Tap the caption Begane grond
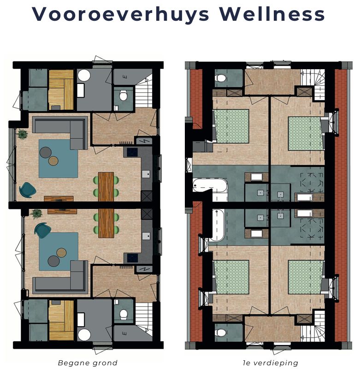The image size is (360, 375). (88, 363)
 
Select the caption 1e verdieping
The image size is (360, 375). (271, 363)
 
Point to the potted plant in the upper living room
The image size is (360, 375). (22, 134)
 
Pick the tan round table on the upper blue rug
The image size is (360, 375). (54, 161)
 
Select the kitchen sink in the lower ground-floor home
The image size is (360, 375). (146, 236)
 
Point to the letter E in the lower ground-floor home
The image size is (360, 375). (124, 332)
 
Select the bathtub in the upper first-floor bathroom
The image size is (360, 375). (210, 187)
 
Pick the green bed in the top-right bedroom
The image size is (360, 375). (304, 134)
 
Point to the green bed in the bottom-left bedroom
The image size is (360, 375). (231, 277)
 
